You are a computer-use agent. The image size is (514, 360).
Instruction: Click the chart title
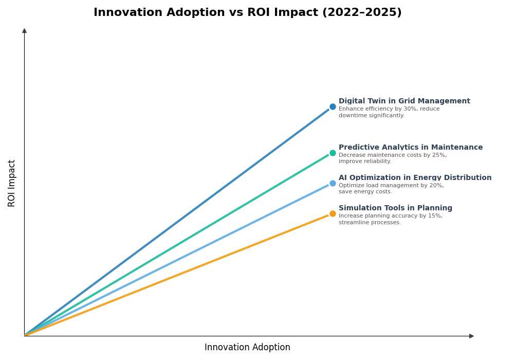coord(247,13)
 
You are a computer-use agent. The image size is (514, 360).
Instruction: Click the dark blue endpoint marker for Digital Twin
coord(333,107)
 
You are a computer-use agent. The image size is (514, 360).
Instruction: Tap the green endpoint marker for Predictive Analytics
coord(333,153)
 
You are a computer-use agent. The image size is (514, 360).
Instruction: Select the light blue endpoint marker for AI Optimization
coord(333,183)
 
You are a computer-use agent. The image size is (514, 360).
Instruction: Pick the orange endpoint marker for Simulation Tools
coord(333,213)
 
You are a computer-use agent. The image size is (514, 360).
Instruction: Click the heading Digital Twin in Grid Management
coord(404,101)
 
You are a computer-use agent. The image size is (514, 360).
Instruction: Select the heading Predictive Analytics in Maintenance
coord(410,148)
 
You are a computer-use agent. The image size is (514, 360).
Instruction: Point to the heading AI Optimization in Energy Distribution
coord(415,178)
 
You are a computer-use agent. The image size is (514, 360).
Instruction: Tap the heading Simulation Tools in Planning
coord(395,208)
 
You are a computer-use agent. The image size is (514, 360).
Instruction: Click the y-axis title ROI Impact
coord(12,183)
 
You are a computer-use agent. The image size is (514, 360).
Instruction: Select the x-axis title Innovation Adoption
coord(247,348)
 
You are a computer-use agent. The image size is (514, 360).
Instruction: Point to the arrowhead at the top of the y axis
coord(24,31)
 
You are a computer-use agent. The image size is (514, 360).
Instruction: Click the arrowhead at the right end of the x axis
coord(471,336)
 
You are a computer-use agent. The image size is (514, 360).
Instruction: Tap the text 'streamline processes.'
coord(370,223)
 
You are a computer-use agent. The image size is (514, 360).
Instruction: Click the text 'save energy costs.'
coord(365,192)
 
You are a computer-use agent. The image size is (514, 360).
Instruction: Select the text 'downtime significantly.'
coord(371,116)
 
